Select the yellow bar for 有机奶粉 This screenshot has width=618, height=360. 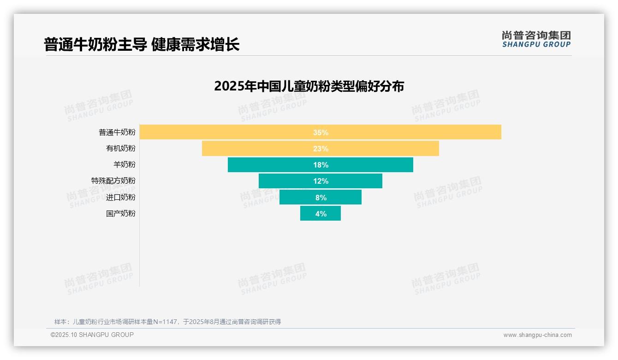[x=258, y=149]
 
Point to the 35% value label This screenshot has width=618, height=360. [x=321, y=132]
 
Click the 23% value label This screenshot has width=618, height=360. [x=321, y=149]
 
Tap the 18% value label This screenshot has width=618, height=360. [x=321, y=165]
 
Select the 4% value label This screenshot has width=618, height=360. [x=321, y=214]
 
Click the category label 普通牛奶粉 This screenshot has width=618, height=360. [x=117, y=132]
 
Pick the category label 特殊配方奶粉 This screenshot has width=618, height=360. [x=113, y=181]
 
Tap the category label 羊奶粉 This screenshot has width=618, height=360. [x=125, y=165]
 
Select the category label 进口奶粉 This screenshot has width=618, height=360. [x=121, y=197]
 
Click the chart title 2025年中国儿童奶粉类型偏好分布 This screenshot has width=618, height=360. [x=309, y=86]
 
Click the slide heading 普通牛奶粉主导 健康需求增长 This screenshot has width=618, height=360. [x=142, y=45]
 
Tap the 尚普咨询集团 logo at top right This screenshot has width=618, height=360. [x=536, y=39]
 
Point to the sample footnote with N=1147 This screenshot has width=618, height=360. [x=167, y=322]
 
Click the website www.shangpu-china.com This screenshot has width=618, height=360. [x=537, y=335]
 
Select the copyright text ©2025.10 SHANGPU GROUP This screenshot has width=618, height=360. [x=92, y=335]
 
